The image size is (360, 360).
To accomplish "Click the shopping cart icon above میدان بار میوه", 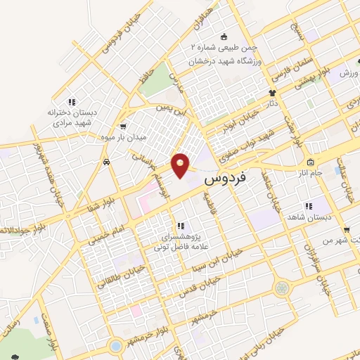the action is [x=123, y=127].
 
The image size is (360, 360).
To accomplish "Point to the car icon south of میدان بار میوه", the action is [x=105, y=162].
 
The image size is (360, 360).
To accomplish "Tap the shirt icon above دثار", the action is [x=271, y=93].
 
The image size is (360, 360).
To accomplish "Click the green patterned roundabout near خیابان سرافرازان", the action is [x=282, y=287].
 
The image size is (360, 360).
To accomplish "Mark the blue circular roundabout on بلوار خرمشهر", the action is [x=115, y=346].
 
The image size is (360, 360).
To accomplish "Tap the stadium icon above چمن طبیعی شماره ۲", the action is [x=224, y=37].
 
